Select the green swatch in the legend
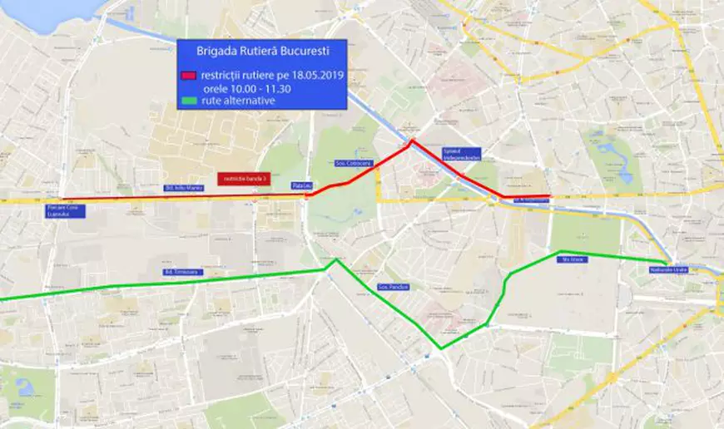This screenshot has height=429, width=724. click(189, 101)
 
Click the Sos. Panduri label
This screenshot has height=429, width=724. click(394, 287)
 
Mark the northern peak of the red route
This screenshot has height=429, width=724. click(410, 142)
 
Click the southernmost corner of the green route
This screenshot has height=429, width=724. click(442, 348)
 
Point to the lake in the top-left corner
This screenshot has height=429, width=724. click(42, 10)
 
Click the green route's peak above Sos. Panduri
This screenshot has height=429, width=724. click(336, 260)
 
